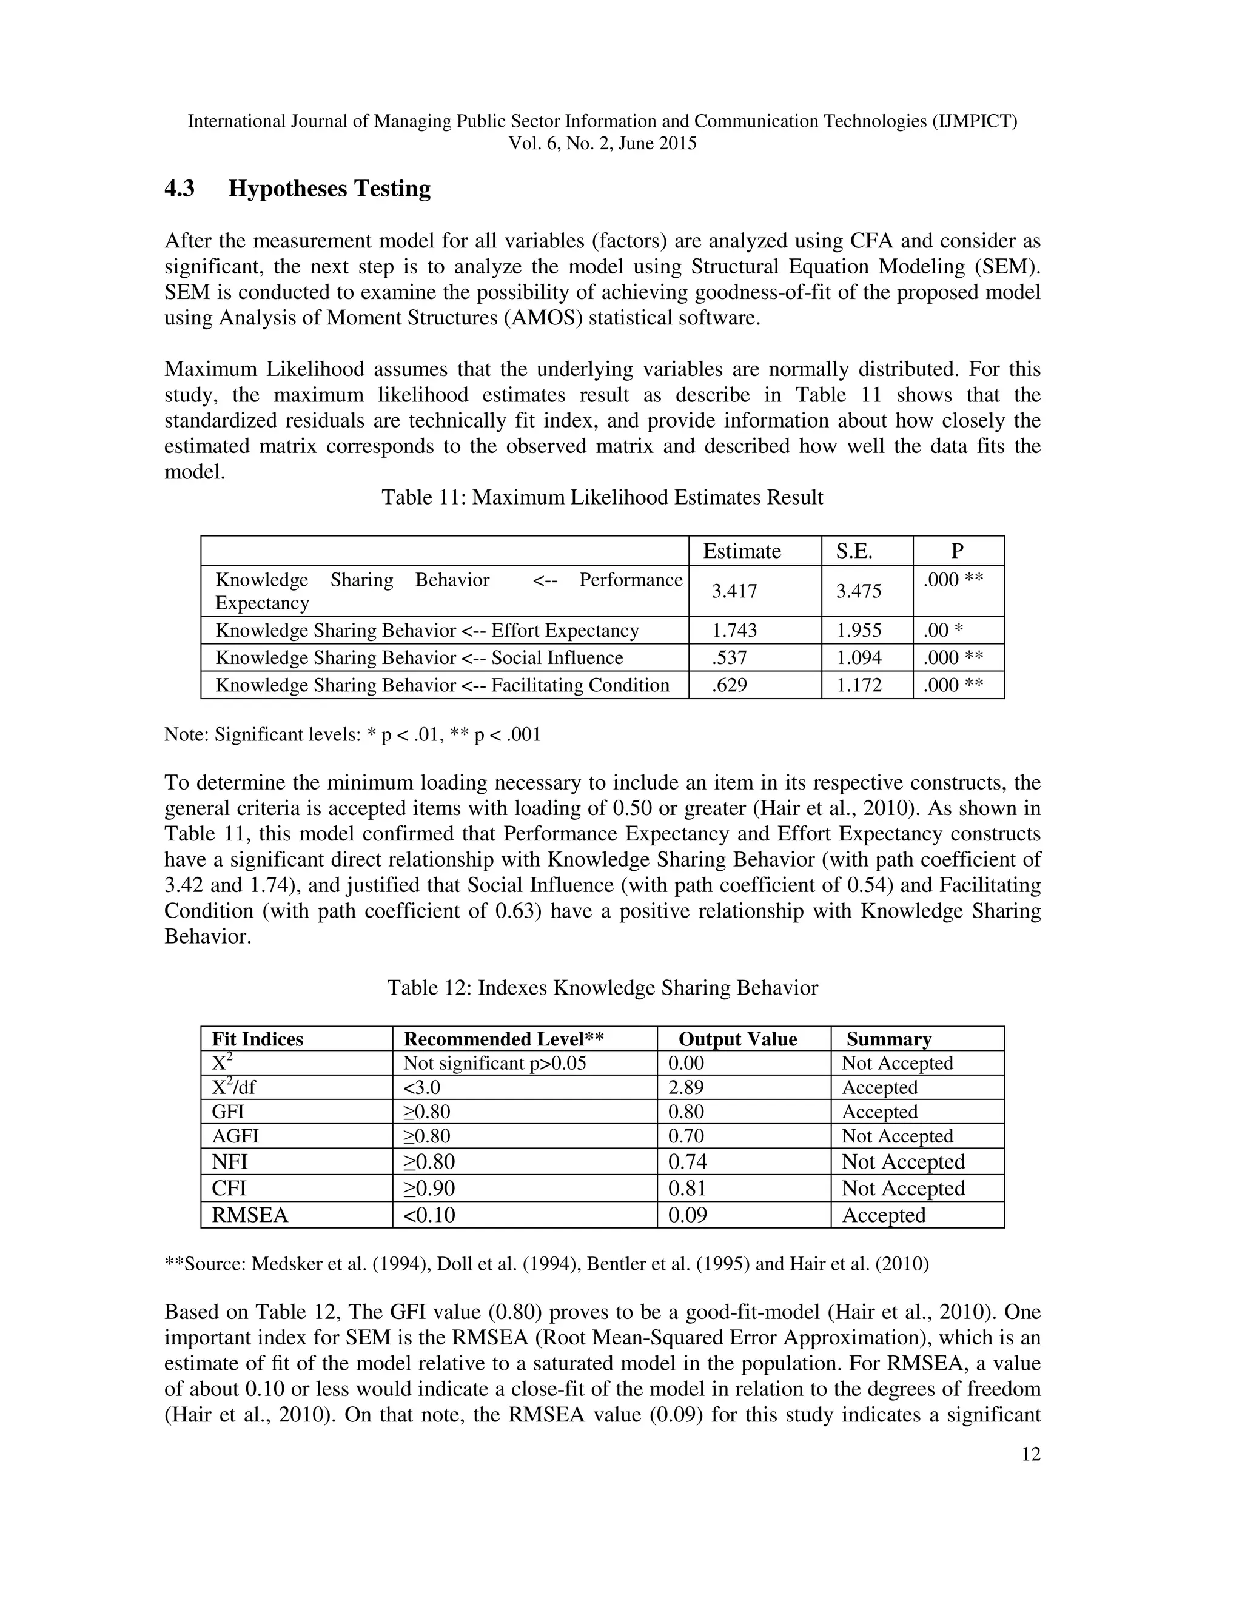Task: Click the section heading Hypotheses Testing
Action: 329,189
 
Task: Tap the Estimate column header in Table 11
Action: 742,551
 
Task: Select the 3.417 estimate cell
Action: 734,591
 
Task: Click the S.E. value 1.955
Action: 859,631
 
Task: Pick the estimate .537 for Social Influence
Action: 729,658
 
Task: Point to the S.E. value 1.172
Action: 859,685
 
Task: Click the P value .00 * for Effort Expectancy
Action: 943,631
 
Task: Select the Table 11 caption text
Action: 602,497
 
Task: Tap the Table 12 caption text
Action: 602,987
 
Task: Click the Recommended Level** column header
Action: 504,1039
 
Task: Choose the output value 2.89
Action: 686,1087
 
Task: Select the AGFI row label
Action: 235,1136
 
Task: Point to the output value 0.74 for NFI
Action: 687,1162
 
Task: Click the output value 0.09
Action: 687,1215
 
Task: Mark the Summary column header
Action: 889,1039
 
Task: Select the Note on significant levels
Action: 352,734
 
